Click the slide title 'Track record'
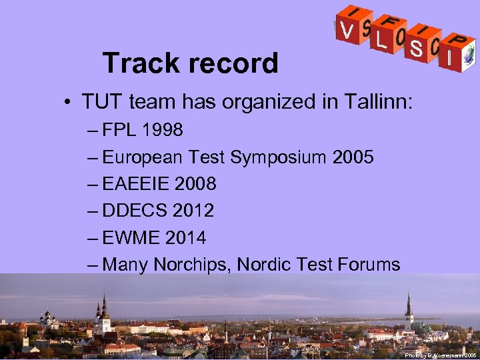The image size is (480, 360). click(x=191, y=63)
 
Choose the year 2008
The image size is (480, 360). click(x=195, y=184)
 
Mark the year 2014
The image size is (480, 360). click(x=185, y=237)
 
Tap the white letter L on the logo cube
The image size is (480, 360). click(x=381, y=39)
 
